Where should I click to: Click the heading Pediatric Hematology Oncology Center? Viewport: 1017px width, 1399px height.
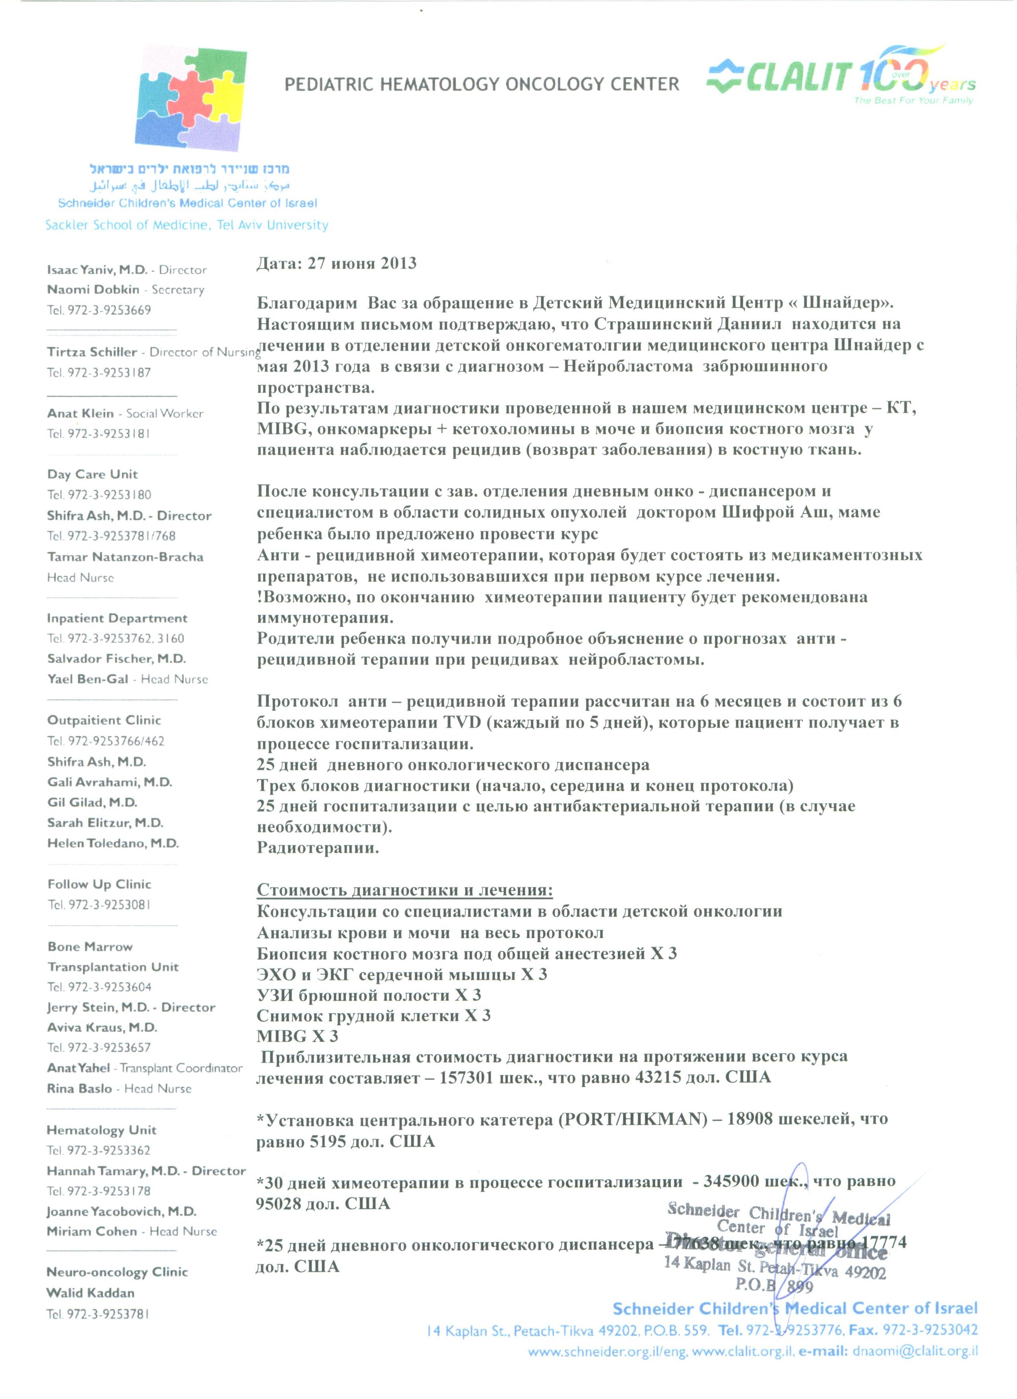481,84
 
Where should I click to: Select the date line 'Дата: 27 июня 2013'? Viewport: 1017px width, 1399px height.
336,263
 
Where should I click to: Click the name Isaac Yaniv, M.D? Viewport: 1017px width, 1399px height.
97,269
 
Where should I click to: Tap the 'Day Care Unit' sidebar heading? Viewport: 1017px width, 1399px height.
93,474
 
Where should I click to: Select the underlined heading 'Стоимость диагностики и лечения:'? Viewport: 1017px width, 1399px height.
405,890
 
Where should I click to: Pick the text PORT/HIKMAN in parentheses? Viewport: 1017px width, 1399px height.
633,1119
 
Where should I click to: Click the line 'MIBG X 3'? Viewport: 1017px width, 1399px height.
298,1036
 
